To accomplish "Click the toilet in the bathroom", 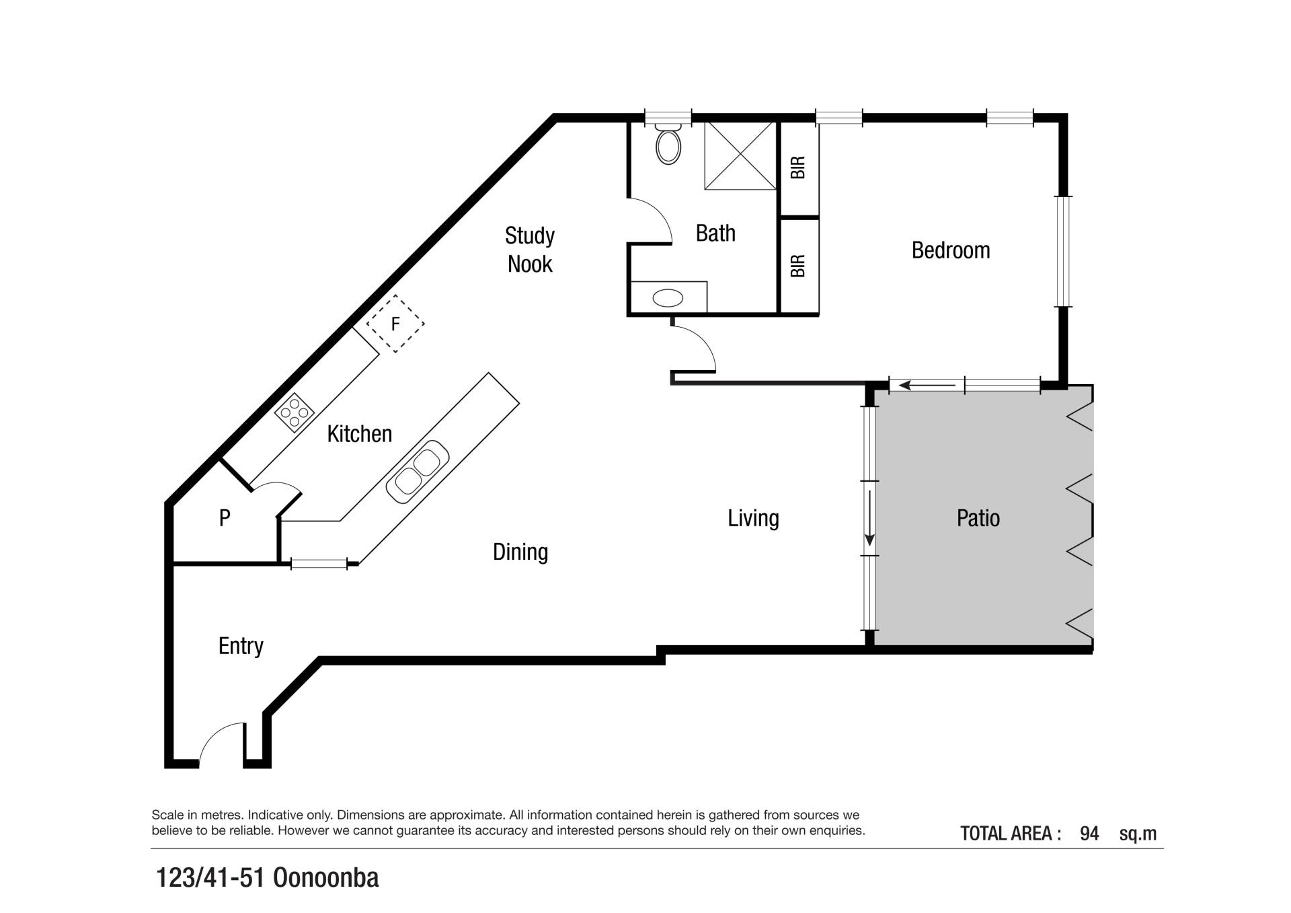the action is [668, 144].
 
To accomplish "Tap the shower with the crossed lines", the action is [740, 155].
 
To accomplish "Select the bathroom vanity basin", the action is [668, 298].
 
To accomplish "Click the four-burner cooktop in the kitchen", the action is [295, 412].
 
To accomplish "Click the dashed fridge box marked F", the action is [395, 324].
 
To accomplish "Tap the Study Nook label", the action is [530, 250].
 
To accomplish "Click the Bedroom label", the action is [951, 250].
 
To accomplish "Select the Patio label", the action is [978, 518].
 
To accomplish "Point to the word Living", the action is [754, 518].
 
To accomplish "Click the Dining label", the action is [520, 552].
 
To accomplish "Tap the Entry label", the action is [241, 646].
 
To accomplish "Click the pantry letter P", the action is [225, 517].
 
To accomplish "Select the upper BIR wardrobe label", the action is [798, 168].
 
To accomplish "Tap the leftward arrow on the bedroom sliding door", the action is [927, 386].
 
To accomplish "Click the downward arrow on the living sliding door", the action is [869, 518].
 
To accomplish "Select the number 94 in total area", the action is [1089, 834].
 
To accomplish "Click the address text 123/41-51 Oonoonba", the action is [268, 878].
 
